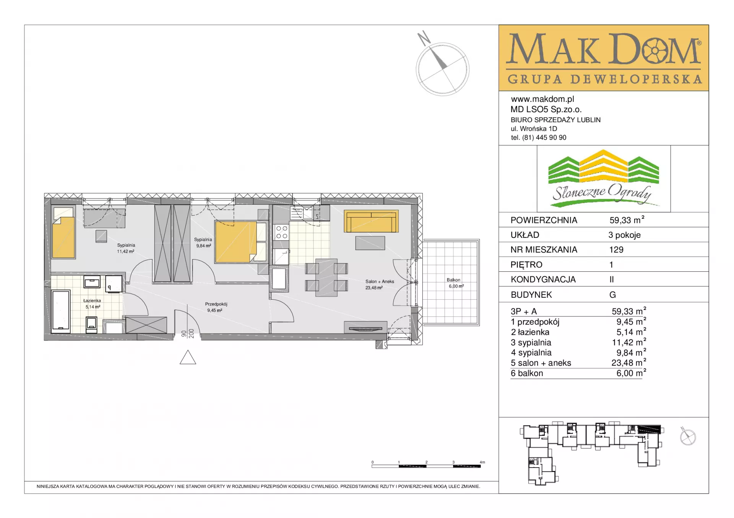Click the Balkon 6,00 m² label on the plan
455,283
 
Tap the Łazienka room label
92,300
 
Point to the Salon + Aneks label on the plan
380,281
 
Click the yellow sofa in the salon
371,221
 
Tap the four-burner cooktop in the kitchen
282,232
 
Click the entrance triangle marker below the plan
188,357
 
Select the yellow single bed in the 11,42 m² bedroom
63,232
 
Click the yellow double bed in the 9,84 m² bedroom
237,242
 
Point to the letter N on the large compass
424,37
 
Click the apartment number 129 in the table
616,250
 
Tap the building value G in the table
612,295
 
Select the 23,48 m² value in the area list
628,363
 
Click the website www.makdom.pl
542,99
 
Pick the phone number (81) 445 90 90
544,137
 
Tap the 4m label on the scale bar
482,462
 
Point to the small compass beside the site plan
688,437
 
